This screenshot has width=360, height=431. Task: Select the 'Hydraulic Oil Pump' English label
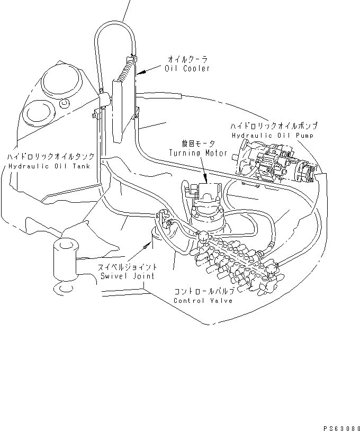pos(273,136)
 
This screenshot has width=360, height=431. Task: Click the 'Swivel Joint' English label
pos(128,276)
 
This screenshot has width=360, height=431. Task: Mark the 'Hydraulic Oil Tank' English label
pos(49,166)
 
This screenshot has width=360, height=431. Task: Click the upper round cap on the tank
pos(61,80)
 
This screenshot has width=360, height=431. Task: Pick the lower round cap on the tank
pos(38,113)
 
